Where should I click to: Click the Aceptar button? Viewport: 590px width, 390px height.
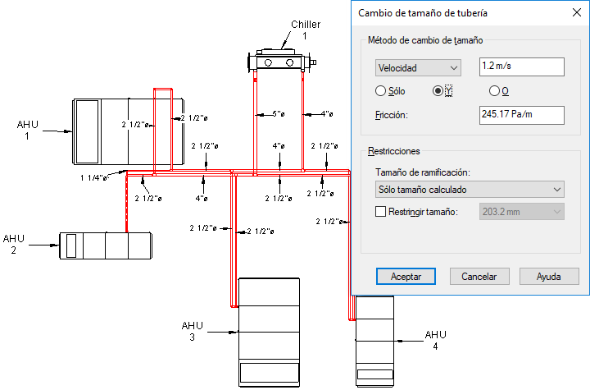pos(406,277)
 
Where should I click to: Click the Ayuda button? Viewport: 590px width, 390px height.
pos(549,277)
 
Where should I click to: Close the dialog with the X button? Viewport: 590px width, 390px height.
pos(576,12)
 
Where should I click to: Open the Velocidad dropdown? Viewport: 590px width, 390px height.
pos(418,68)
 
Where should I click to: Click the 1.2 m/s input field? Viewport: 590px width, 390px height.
pos(521,67)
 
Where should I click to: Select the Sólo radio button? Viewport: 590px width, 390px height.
pos(381,91)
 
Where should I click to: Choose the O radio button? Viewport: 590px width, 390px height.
pos(494,91)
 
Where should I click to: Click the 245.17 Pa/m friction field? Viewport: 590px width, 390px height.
pos(521,115)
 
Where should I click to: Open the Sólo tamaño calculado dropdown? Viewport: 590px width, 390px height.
pos(470,190)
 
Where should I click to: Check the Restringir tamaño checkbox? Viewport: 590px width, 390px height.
pos(380,212)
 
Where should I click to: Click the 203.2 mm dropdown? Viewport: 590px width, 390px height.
pos(521,212)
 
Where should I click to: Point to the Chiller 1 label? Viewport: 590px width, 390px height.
pos(306,30)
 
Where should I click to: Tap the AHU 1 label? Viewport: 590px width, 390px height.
pos(28,130)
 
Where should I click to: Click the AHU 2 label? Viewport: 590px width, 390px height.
pos(14,244)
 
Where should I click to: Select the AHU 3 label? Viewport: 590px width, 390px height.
pos(193,331)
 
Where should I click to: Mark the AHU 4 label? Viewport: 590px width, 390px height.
pos(435,340)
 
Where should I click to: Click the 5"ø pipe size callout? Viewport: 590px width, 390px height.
pos(279,114)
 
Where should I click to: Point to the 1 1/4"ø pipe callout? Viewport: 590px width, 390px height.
pos(94,177)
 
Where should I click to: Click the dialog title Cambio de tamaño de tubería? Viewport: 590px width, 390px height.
pos(423,13)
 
